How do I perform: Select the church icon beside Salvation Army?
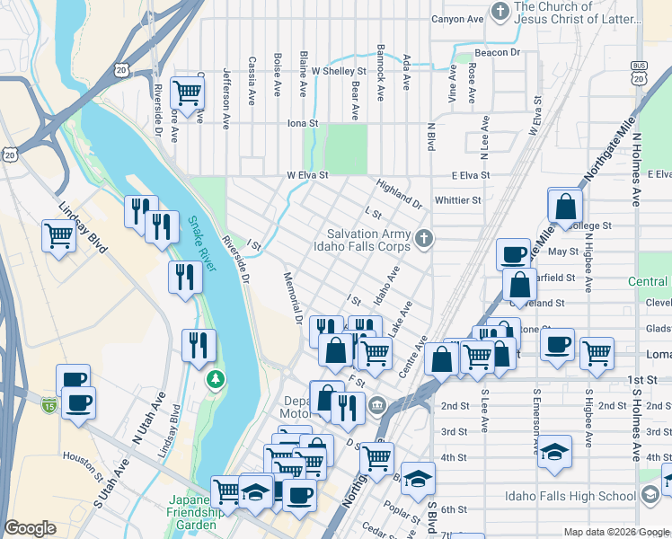[426, 238]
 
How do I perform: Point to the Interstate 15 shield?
[49, 405]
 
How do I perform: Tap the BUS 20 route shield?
[639, 74]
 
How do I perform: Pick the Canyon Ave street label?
[457, 19]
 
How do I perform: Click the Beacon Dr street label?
[498, 53]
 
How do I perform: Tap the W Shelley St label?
[339, 71]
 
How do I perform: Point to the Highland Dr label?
[399, 191]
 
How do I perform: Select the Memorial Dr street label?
[293, 298]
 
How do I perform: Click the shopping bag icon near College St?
[565, 207]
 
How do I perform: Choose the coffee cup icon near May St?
[513, 254]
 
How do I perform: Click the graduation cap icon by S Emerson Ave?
[554, 452]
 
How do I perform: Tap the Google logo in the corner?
[31, 528]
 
